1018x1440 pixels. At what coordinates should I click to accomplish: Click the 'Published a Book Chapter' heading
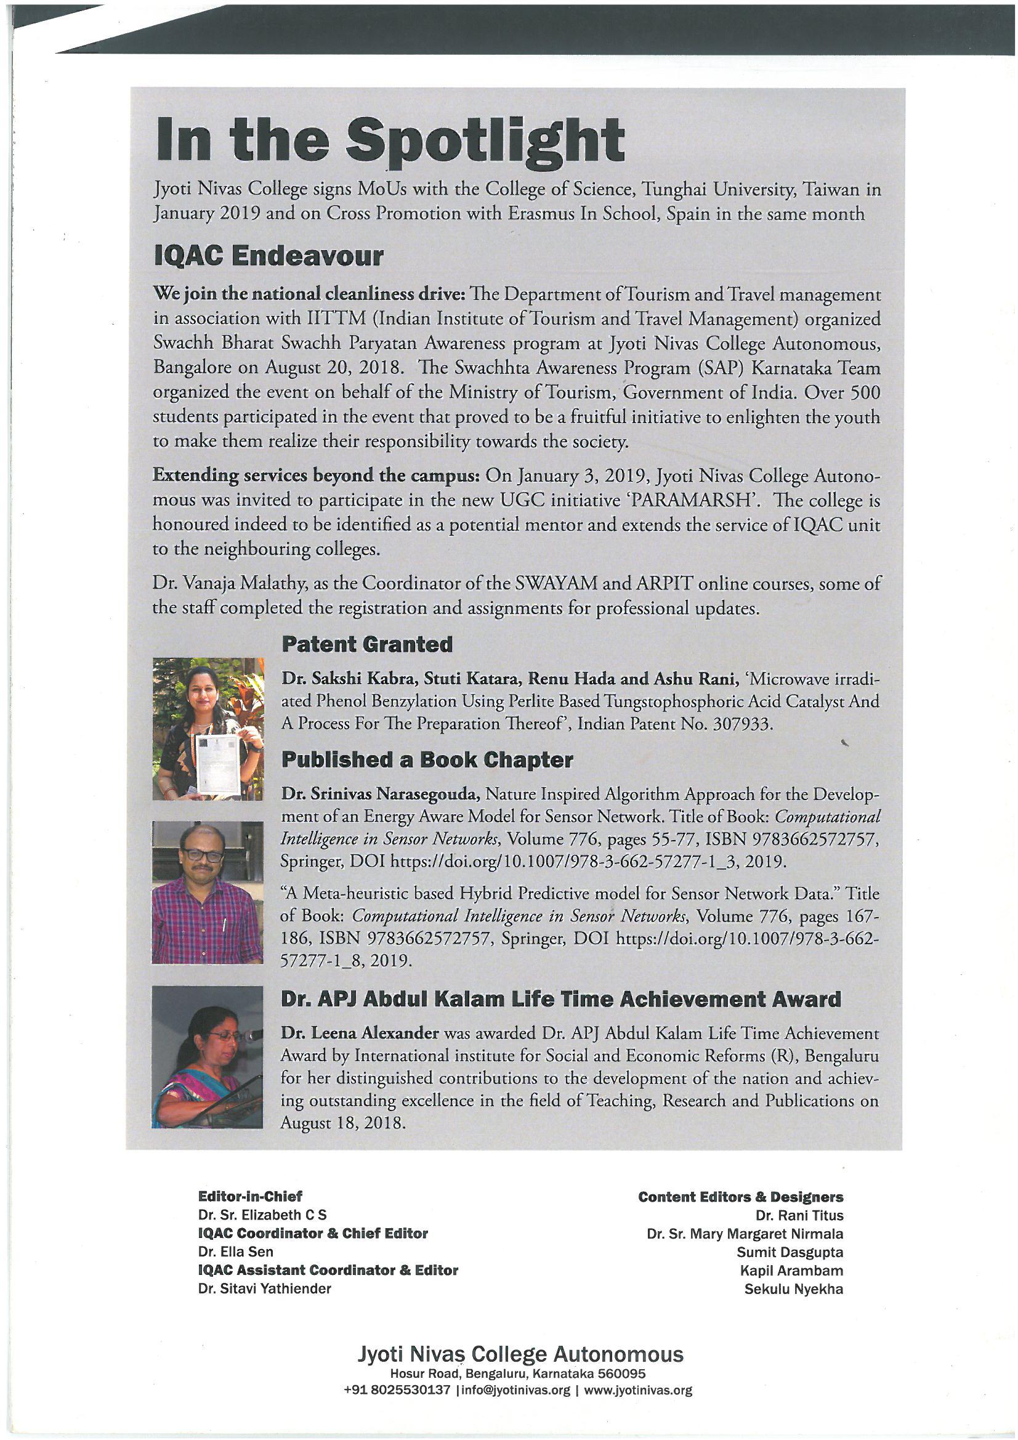pyautogui.click(x=427, y=760)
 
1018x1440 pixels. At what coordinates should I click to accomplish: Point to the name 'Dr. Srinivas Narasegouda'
pyautogui.click(x=381, y=796)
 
